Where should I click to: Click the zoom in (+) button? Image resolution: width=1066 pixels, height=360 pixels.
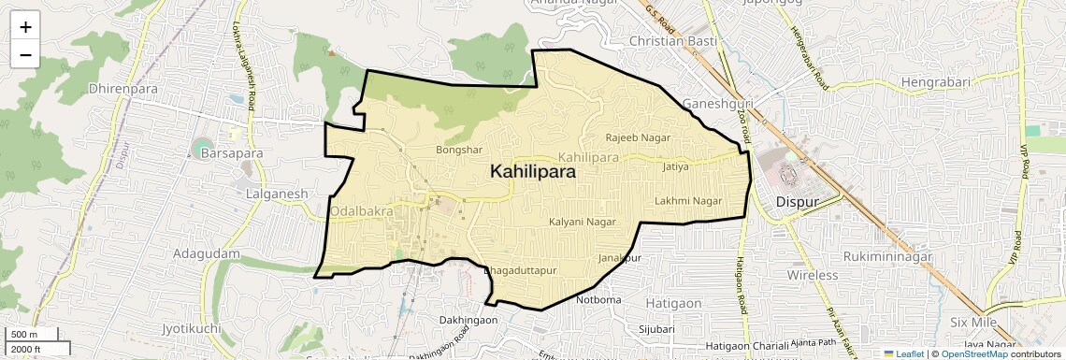click(25, 27)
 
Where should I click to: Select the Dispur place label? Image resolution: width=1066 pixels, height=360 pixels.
click(798, 201)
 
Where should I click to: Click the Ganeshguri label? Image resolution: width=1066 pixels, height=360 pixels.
click(717, 103)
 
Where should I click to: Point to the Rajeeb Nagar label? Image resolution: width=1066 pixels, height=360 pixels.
click(640, 137)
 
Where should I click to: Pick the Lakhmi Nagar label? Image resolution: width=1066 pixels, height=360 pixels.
click(688, 201)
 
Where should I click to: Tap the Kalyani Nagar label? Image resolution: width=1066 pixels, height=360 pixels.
click(583, 223)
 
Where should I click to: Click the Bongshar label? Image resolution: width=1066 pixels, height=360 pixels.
click(459, 150)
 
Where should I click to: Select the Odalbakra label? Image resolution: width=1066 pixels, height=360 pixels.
click(362, 212)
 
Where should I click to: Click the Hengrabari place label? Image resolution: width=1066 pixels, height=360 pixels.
click(940, 83)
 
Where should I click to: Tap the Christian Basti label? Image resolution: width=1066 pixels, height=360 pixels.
click(673, 42)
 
